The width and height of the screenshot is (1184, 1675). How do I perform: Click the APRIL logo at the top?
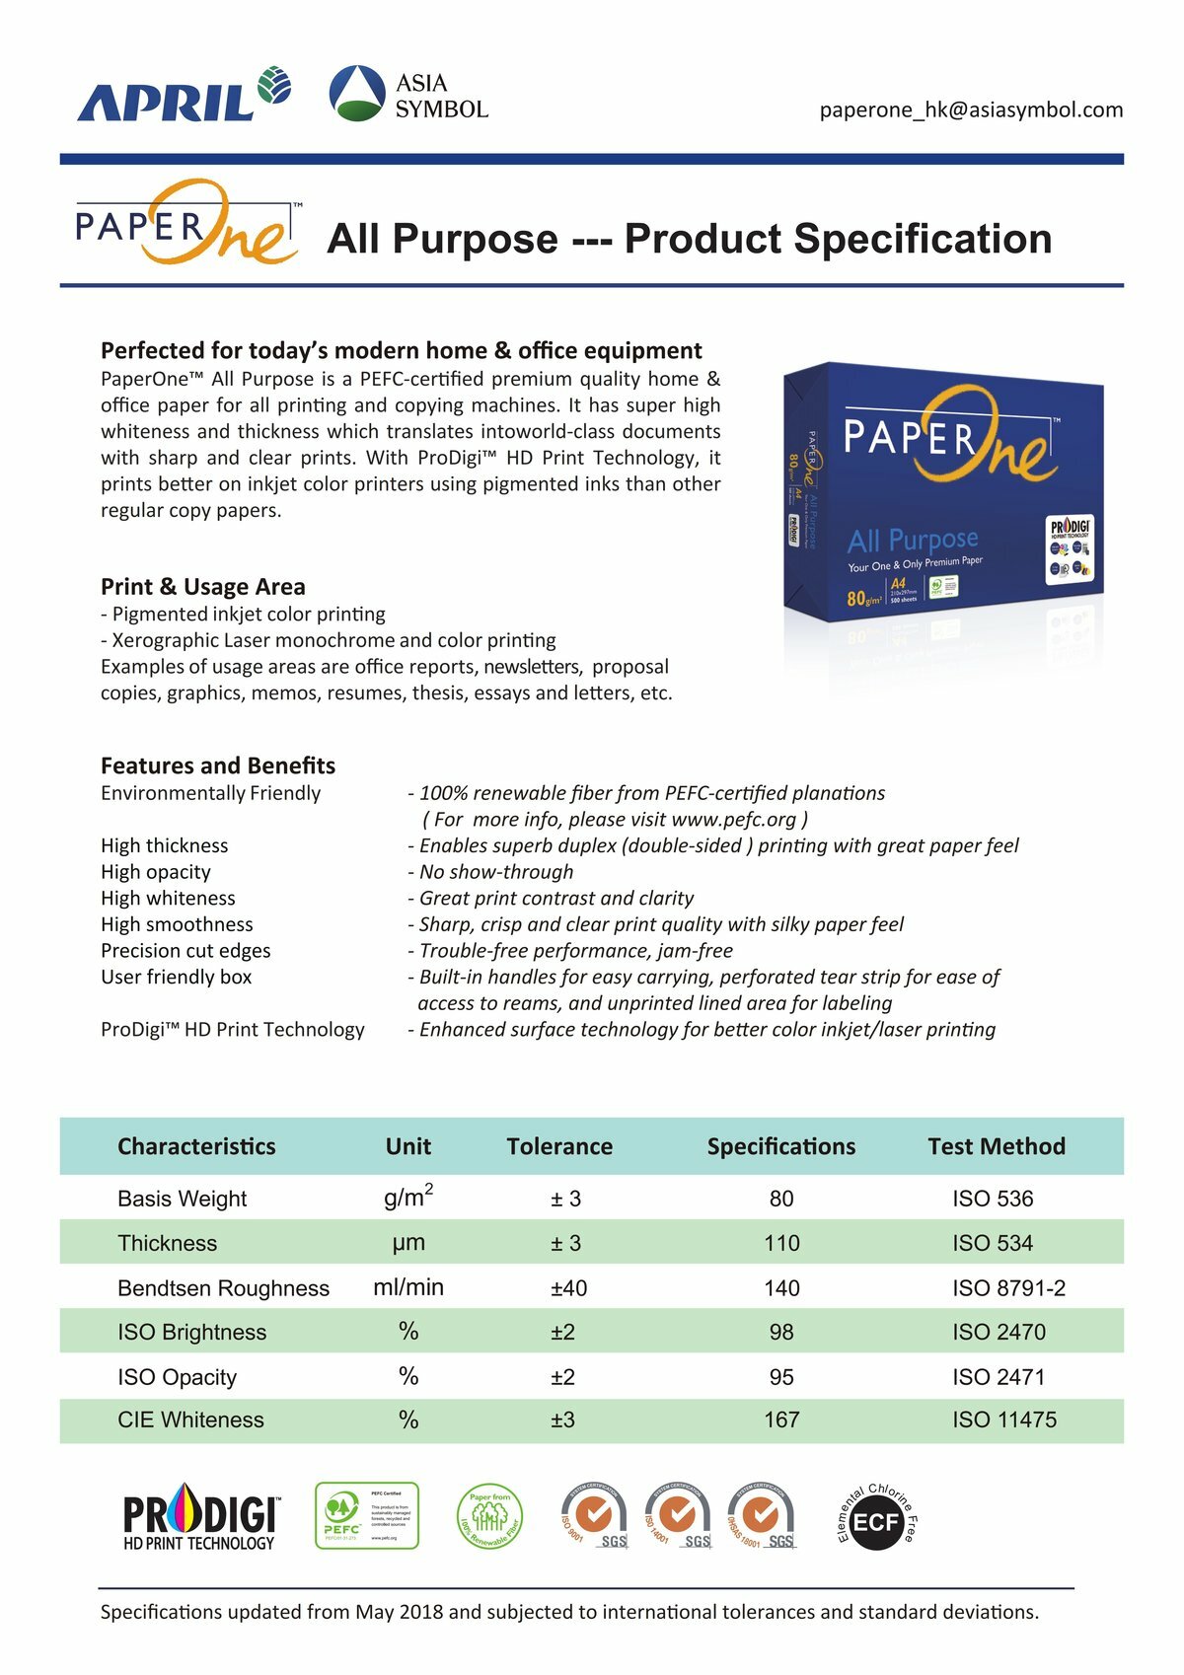(x=183, y=95)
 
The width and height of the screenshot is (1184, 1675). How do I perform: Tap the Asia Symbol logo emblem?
(x=356, y=94)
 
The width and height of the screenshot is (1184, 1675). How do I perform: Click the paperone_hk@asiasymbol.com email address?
(x=971, y=109)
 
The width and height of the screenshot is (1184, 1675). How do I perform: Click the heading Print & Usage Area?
(x=202, y=587)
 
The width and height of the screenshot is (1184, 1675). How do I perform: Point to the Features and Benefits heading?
(x=217, y=765)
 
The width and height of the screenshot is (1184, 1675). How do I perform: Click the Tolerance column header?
(x=559, y=1146)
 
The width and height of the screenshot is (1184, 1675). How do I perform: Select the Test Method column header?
(x=997, y=1146)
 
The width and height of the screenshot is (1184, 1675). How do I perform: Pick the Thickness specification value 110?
(x=781, y=1243)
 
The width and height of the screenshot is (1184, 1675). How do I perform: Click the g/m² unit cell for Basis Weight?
(x=408, y=1198)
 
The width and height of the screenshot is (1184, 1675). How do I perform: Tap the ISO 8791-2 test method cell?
(x=1008, y=1288)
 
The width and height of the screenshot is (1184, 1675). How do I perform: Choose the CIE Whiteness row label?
(x=190, y=1420)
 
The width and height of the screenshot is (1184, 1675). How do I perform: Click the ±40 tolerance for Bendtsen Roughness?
(x=568, y=1288)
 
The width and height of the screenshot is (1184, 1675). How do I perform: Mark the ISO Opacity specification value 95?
(x=781, y=1377)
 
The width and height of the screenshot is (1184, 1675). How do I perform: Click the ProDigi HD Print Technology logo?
(x=200, y=1519)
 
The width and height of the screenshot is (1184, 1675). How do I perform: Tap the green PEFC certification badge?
(x=366, y=1516)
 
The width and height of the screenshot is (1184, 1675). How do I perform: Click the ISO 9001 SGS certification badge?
(x=594, y=1516)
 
